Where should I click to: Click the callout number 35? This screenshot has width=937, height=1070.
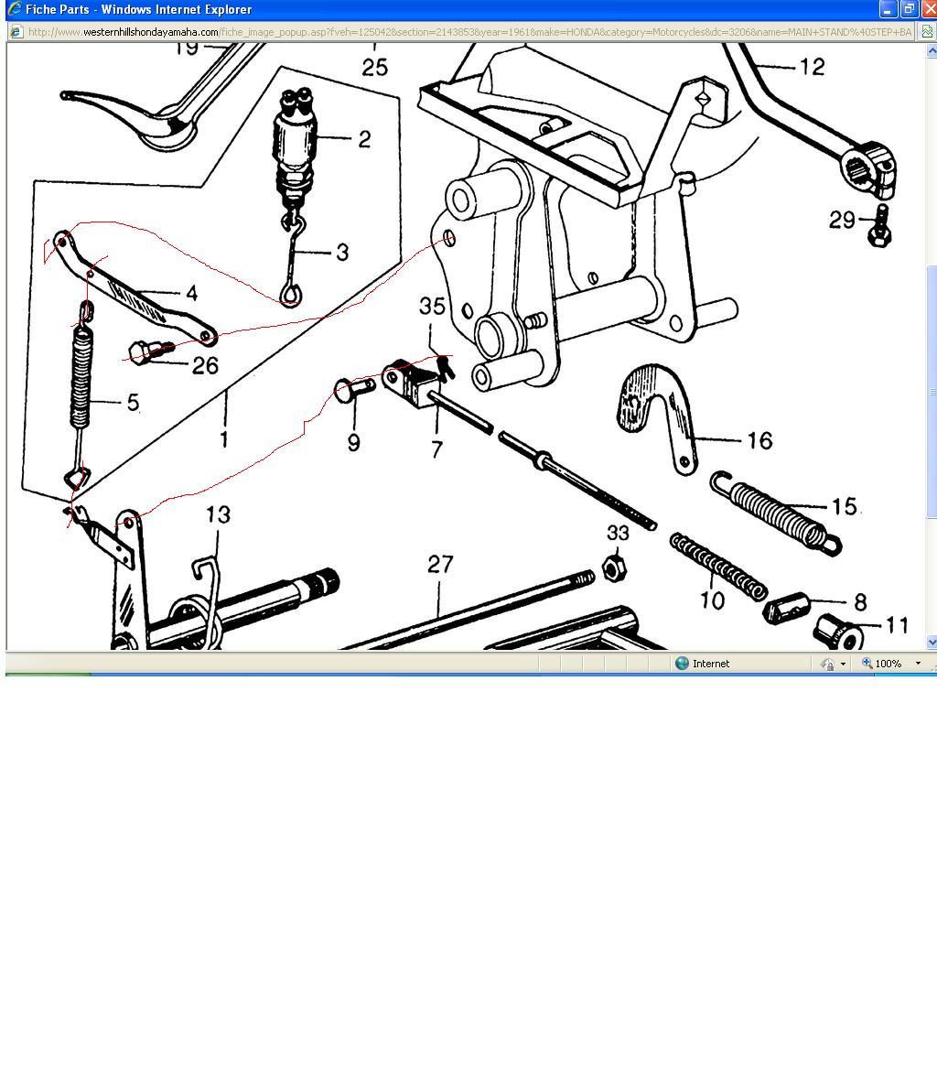432,306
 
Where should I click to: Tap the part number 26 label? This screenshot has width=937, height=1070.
206,365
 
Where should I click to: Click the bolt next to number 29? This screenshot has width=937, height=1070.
881,224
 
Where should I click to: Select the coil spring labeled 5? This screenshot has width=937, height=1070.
83,376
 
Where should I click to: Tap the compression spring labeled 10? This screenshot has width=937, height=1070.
718,565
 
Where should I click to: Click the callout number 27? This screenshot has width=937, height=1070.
440,564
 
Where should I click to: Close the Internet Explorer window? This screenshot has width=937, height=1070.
928,9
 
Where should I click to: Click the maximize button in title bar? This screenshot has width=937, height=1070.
909,9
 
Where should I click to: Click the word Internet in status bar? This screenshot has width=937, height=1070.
711,664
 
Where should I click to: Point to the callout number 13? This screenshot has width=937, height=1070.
218,514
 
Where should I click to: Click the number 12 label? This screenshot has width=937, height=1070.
812,67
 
